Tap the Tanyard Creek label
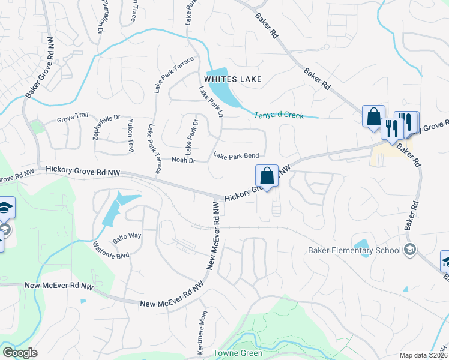(279, 115)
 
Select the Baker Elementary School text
(354, 251)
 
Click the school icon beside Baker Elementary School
(411, 250)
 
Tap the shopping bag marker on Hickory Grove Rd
(267, 176)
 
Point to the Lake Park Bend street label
(236, 155)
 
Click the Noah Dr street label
(184, 160)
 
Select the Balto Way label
(127, 236)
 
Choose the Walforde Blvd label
(111, 250)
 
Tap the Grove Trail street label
(73, 119)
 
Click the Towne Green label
(238, 353)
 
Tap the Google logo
(20, 353)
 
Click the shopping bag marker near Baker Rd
(373, 115)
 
